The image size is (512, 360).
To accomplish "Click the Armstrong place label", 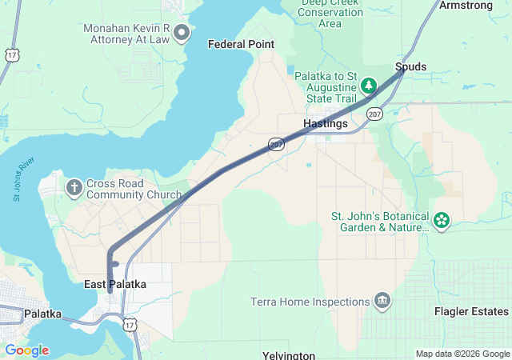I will click(466, 6).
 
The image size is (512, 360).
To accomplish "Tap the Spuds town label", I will click(410, 66).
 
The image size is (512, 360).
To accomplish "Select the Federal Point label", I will click(241, 45).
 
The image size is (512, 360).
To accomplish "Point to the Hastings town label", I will click(326, 124).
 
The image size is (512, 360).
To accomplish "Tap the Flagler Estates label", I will click(471, 311).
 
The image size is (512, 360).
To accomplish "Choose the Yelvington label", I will click(289, 354).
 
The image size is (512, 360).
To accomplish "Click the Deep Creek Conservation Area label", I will click(330, 13).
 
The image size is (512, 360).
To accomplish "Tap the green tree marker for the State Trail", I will click(369, 85).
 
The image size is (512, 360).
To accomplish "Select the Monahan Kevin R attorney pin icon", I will click(182, 33).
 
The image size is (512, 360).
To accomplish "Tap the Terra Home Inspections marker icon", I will click(382, 302).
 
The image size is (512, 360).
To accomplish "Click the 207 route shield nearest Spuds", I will click(374, 115).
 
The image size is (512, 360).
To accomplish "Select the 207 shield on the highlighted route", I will click(276, 144).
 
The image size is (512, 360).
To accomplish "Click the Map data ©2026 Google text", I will click(462, 354).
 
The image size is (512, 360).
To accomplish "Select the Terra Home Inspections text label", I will click(310, 302).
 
